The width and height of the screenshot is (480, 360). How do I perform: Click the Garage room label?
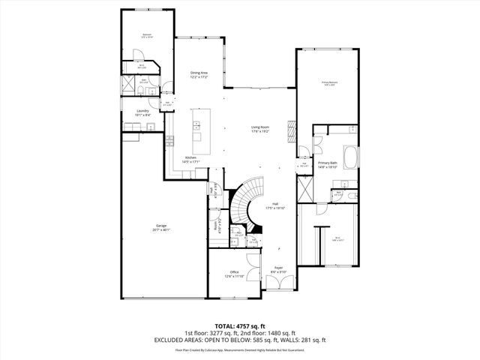pos(161,227)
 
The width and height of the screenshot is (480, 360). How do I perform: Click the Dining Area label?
pos(199,74)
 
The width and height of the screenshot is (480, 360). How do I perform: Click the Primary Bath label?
pos(328,164)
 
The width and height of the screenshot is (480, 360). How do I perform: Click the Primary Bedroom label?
pos(328,84)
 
